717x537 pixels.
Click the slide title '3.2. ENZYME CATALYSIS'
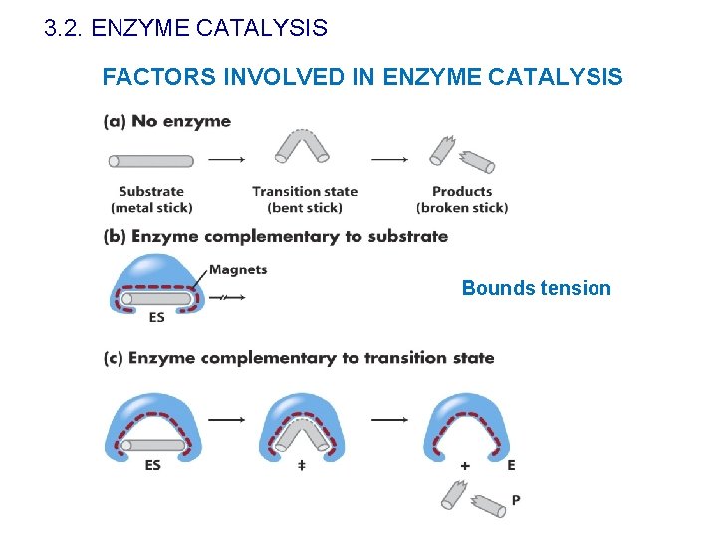tap(185, 28)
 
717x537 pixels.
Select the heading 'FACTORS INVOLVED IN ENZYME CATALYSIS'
tap(362, 77)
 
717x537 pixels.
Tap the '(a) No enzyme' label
tap(167, 122)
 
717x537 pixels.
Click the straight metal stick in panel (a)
tap(151, 161)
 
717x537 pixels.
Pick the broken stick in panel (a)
tap(462, 155)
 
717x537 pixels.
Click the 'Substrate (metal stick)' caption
tap(151, 199)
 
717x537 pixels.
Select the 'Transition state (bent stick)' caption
tap(305, 199)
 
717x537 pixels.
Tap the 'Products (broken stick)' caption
tap(462, 199)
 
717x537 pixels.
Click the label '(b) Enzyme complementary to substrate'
tap(276, 237)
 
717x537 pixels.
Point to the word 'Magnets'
tap(238, 269)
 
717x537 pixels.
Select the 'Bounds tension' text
tap(536, 288)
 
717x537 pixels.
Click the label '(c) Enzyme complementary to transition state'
tap(299, 358)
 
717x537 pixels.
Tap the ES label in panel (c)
tap(153, 465)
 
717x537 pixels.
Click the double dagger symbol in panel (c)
tap(302, 465)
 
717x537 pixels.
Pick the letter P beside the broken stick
tap(515, 499)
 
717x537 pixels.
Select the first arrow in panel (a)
tap(227, 159)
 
